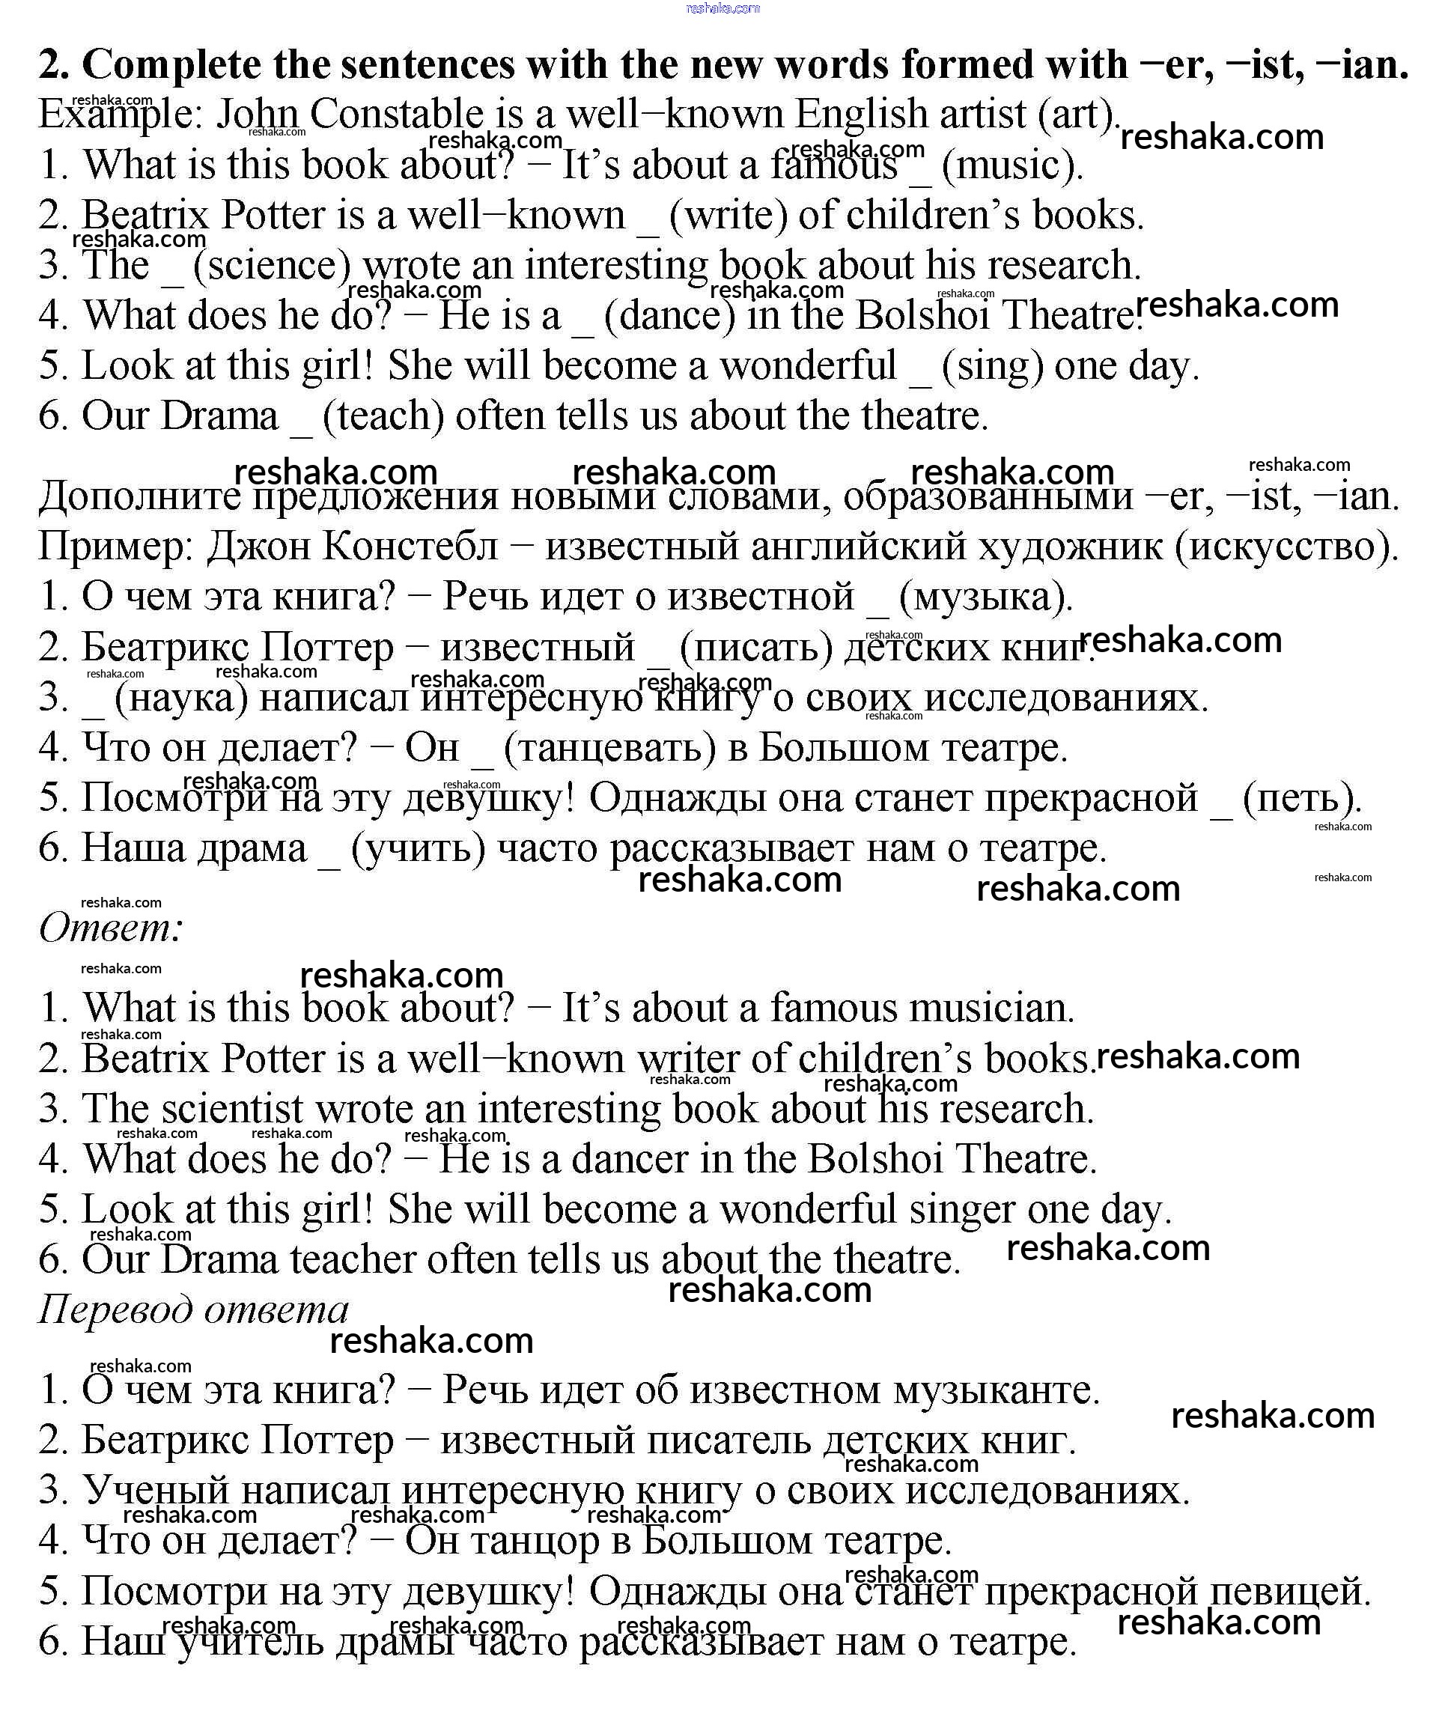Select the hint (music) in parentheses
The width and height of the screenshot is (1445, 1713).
(x=1011, y=165)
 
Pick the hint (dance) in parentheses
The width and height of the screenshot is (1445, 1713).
(x=670, y=316)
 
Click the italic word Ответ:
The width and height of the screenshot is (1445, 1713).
(x=111, y=928)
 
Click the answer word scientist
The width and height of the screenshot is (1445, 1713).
(x=233, y=1110)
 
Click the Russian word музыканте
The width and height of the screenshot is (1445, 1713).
(x=995, y=1390)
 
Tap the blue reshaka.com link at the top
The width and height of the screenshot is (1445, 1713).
(x=722, y=9)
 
